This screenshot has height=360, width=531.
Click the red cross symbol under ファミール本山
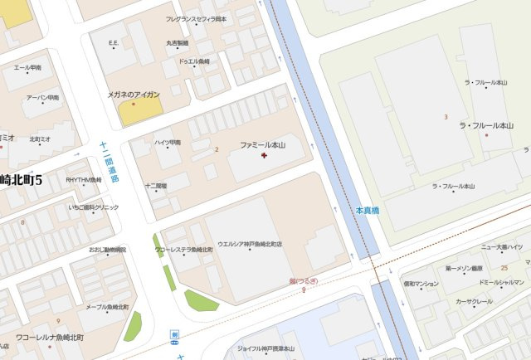coord(264,155)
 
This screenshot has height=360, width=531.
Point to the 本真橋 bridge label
coord(367,211)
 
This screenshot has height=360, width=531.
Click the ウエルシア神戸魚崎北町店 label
coord(250,245)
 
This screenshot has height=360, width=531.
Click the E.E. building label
coord(114,42)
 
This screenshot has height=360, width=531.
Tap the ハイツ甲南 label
coord(168,143)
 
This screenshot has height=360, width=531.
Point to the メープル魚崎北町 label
coord(101,308)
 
